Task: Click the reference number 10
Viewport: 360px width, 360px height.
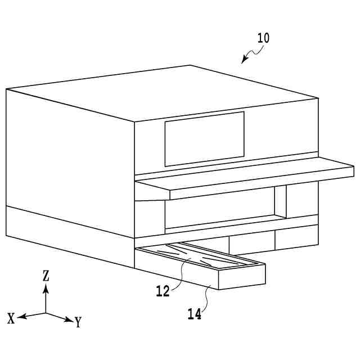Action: click(x=263, y=38)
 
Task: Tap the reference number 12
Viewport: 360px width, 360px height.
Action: click(x=163, y=291)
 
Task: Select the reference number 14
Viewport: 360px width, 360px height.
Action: click(x=194, y=314)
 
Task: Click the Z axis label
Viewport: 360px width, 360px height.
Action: click(x=46, y=275)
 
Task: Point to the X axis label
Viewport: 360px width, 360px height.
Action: click(x=11, y=318)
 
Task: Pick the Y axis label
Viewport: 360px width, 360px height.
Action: click(x=78, y=322)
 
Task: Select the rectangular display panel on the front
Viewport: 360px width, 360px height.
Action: click(x=204, y=138)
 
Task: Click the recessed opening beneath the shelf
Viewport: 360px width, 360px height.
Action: click(x=219, y=209)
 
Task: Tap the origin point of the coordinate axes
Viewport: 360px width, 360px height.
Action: click(x=46, y=313)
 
